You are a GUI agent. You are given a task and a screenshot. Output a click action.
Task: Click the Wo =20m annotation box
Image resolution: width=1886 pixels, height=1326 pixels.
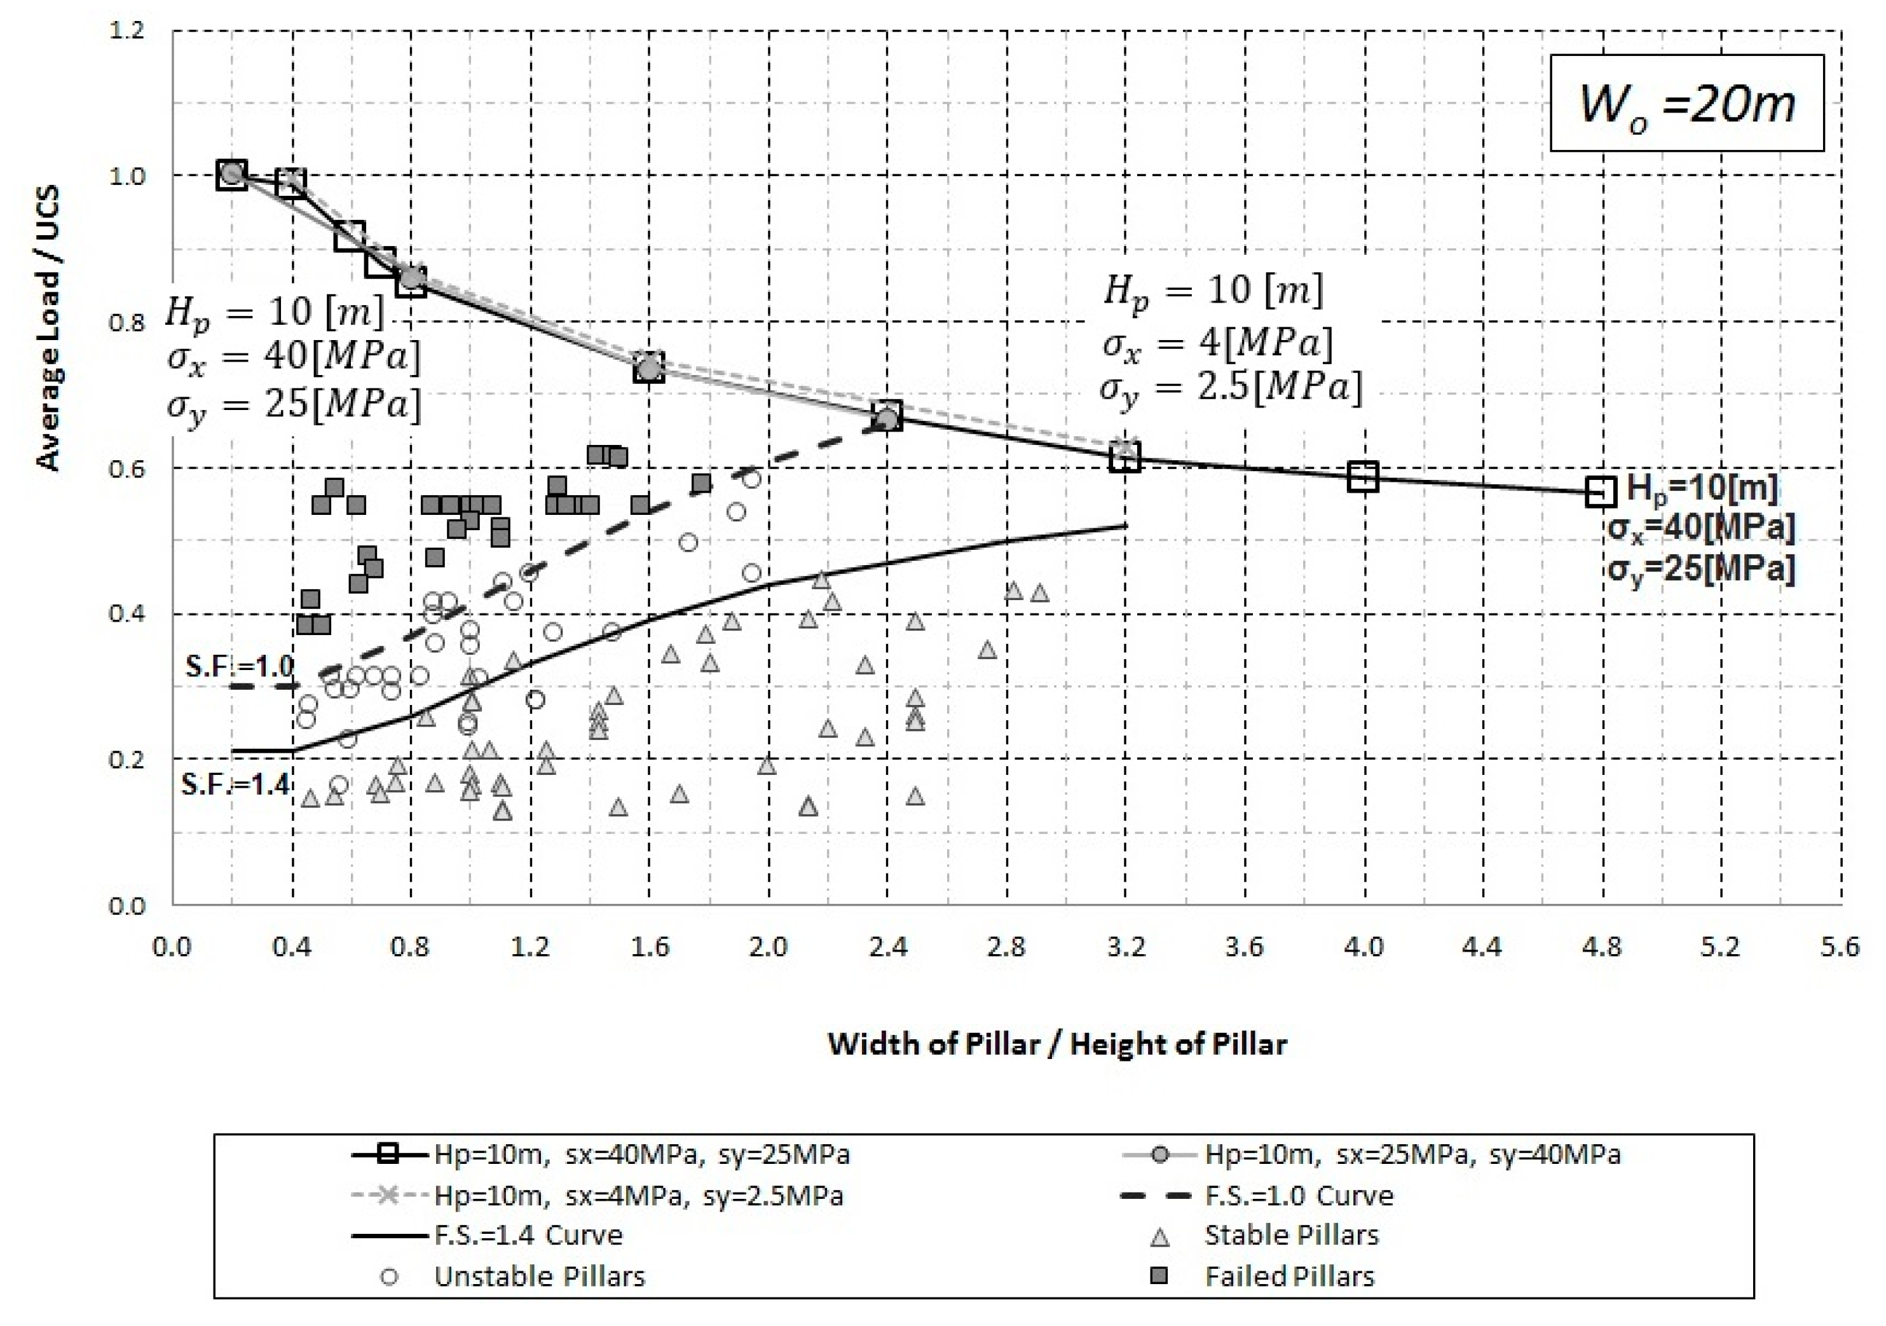[x=1686, y=104]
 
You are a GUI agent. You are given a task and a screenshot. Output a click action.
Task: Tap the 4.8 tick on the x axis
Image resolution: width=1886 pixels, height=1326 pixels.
[x=1601, y=947]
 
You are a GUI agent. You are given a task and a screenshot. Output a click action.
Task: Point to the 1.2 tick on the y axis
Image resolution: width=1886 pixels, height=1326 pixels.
[x=126, y=31]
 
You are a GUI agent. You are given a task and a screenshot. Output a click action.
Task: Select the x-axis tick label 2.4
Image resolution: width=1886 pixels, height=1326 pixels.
[x=887, y=947]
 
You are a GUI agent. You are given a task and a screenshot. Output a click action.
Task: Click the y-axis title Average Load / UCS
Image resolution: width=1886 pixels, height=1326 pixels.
[x=48, y=329]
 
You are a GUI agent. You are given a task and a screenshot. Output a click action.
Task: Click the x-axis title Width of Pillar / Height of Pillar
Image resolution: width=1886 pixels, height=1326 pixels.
[x=1056, y=1044]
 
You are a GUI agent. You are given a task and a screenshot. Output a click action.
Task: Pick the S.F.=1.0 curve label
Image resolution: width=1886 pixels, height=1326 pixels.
[x=239, y=666]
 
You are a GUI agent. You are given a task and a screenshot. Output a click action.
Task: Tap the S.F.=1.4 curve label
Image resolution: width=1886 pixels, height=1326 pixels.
[x=236, y=784]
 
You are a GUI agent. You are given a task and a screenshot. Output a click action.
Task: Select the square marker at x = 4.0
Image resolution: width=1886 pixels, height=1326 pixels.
[x=1363, y=477]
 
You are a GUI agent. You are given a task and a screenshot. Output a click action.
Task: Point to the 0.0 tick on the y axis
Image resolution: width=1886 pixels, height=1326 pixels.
[x=126, y=905]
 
